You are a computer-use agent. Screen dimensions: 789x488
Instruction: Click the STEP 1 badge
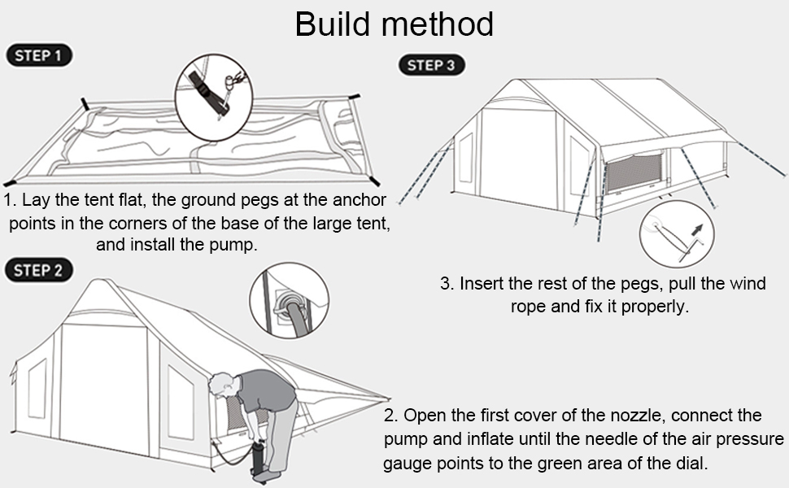point(39,55)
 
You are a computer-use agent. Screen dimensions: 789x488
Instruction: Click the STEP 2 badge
point(39,270)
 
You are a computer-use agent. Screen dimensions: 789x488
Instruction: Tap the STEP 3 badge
point(431,65)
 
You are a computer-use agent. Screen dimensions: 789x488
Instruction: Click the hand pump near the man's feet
point(259,459)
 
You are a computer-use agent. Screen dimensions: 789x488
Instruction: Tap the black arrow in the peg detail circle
point(696,230)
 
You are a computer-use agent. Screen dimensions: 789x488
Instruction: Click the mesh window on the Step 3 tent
point(634,172)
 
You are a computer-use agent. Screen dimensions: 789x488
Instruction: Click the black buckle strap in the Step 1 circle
point(207,93)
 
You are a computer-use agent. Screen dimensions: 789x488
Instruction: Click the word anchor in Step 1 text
point(359,200)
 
